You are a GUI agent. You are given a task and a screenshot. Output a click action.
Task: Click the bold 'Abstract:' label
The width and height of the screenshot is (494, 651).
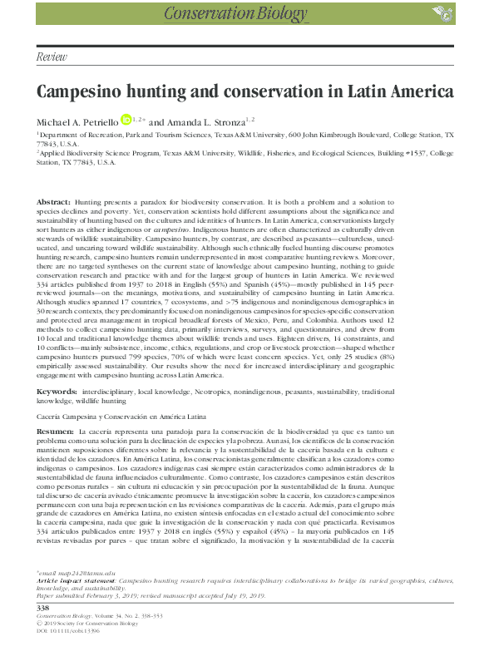tap(55, 203)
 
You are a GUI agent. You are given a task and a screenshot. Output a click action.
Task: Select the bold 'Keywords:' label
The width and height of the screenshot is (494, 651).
tap(57, 389)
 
